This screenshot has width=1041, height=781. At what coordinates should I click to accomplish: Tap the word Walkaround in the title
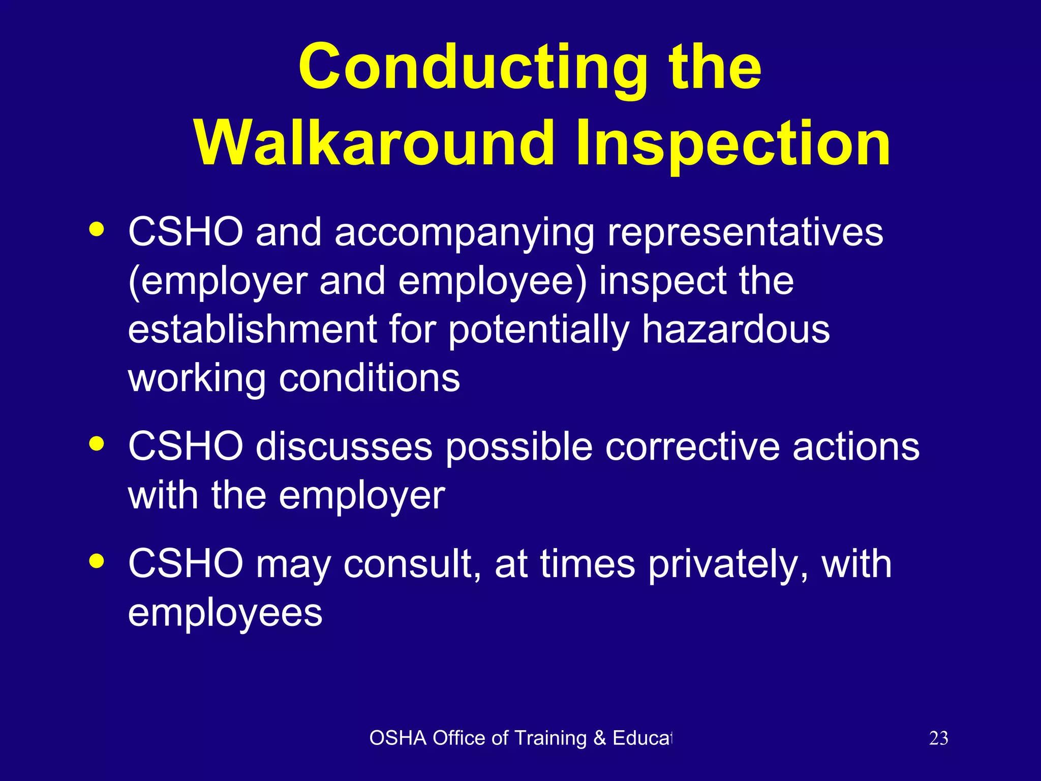(374, 143)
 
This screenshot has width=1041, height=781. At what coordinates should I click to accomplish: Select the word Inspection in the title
(733, 143)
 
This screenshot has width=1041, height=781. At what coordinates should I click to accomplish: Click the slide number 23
(938, 738)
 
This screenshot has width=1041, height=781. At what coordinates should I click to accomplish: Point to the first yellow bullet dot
(96, 229)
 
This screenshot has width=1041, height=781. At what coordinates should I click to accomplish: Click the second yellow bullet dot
(96, 444)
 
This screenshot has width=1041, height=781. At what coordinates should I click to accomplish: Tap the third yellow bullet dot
(96, 561)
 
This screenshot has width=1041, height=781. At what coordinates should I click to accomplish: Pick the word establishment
(252, 329)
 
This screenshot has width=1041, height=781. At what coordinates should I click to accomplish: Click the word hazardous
(736, 329)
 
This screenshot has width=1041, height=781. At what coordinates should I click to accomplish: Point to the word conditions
(370, 378)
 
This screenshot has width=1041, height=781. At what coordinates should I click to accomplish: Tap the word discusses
(344, 447)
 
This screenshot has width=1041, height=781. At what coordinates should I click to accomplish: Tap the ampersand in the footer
(600, 738)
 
